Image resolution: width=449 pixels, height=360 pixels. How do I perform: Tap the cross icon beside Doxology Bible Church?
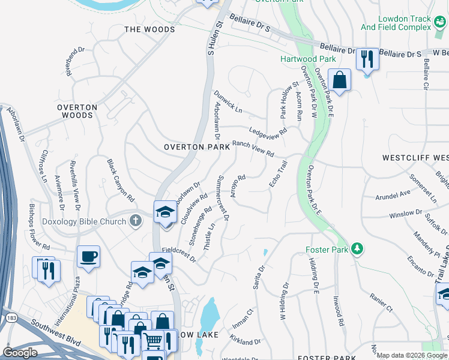pos(136,221)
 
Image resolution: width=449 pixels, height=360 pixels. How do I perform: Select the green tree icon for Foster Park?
pos(357,248)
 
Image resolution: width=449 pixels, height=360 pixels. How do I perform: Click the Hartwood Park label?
pos(300,59)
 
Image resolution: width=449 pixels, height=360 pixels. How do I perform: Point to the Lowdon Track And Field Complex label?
pos(396,23)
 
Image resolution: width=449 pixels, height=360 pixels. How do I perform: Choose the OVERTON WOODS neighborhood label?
pos(77,111)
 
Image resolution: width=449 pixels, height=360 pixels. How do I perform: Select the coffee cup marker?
pos(88,256)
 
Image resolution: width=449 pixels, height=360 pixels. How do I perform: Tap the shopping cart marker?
pos(153,341)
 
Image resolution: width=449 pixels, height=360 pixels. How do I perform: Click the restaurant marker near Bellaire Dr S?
pos(367,59)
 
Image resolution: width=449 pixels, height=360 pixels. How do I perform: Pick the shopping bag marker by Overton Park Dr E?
pos(339,80)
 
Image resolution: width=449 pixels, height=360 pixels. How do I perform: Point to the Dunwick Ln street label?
pos(228,102)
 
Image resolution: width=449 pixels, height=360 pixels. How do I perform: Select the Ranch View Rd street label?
pos(253,148)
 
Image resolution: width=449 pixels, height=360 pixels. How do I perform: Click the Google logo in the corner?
pos(20,352)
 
